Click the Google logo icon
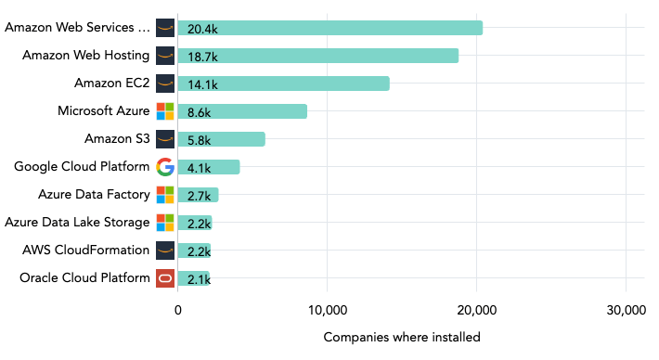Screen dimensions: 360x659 click(x=165, y=167)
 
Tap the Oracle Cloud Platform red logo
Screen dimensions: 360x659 click(x=165, y=277)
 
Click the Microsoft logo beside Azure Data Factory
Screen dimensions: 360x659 click(x=165, y=195)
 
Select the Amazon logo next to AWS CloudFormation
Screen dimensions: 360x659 click(x=165, y=250)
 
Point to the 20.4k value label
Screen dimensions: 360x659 click(x=202, y=29)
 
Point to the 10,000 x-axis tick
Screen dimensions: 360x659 click(x=327, y=312)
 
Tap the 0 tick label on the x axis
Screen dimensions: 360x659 click(x=178, y=312)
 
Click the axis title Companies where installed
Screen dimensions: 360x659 click(x=402, y=338)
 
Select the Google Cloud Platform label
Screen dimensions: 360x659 click(x=82, y=167)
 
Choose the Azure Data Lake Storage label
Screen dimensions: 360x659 click(x=77, y=223)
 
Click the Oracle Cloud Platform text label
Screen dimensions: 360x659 click(x=84, y=277)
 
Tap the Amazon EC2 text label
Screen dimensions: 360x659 click(x=111, y=84)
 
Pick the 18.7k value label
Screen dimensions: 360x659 click(x=202, y=57)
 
